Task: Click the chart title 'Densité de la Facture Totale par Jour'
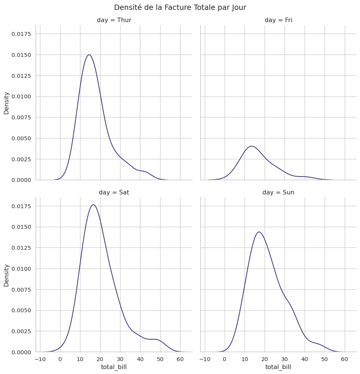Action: click(x=180, y=8)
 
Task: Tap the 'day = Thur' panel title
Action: click(x=114, y=20)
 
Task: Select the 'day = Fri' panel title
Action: click(x=278, y=20)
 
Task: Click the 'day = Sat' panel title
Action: click(x=114, y=193)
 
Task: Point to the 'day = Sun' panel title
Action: click(x=278, y=193)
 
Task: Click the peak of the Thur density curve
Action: click(x=89, y=55)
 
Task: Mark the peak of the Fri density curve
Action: click(x=252, y=146)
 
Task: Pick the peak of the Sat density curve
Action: click(x=93, y=205)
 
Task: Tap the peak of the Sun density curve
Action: click(x=259, y=232)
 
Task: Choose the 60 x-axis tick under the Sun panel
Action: click(x=345, y=359)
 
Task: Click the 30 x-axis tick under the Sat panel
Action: click(x=120, y=359)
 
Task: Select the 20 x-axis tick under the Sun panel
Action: click(x=265, y=359)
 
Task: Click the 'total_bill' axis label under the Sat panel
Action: click(x=114, y=367)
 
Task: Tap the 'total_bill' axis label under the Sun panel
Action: click(x=278, y=367)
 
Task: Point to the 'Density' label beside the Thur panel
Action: click(x=6, y=103)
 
